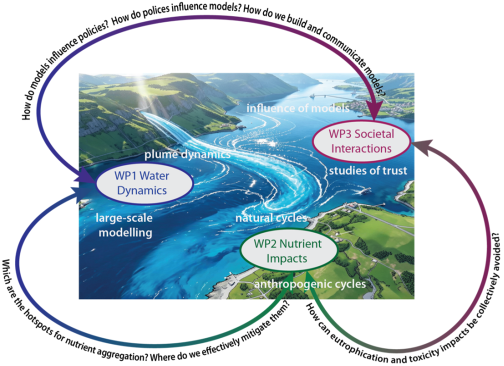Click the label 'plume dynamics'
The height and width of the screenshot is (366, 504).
[x=187, y=154]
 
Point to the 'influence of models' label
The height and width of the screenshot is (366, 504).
[x=298, y=108]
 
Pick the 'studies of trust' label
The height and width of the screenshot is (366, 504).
[x=368, y=170]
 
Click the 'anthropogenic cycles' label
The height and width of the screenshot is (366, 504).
[x=310, y=284]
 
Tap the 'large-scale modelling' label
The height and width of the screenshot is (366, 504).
[x=124, y=225]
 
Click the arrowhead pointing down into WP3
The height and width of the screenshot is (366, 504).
[x=375, y=110]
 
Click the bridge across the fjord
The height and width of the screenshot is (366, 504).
[x=334, y=96]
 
